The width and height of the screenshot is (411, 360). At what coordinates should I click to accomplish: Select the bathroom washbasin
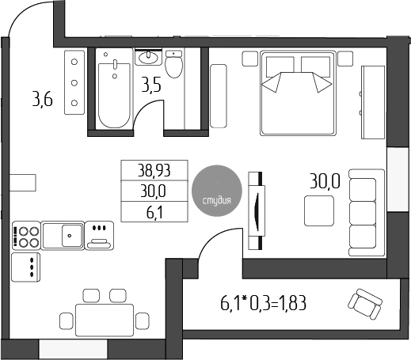coord(149,58)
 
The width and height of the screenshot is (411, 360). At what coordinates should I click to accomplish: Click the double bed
coord(295,90)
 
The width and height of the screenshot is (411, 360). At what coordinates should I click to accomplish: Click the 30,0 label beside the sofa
coord(325,180)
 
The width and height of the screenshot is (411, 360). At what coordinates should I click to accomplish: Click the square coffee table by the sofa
coord(319,210)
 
